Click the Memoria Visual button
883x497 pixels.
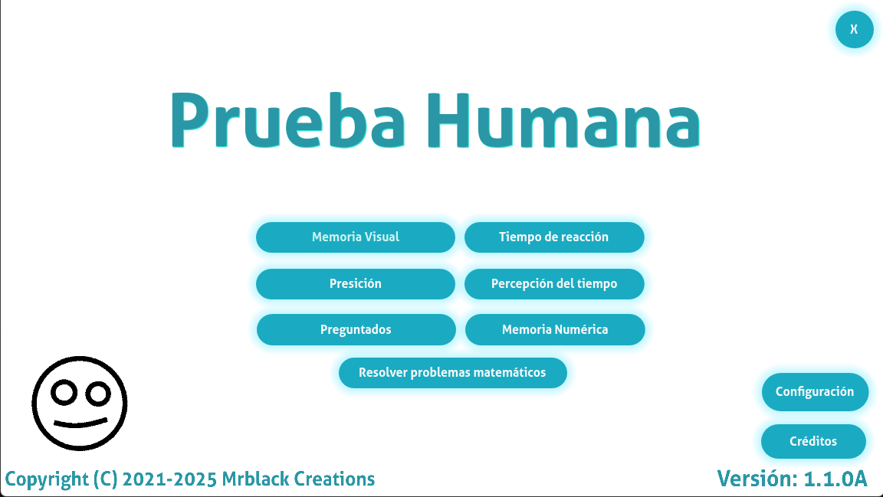(x=356, y=237)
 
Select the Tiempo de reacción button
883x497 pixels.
(x=554, y=237)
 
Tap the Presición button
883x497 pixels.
(x=356, y=283)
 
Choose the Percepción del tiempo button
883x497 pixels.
(x=554, y=283)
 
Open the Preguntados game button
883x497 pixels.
(x=356, y=329)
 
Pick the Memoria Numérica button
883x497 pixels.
(x=555, y=329)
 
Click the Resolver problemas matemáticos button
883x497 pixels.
(x=453, y=373)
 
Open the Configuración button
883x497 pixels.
(x=815, y=392)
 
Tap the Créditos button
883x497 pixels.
(x=813, y=441)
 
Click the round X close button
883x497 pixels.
(x=855, y=29)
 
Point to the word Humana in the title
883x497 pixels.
(x=563, y=120)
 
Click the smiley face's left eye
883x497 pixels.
(x=64, y=392)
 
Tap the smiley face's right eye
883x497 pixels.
(x=99, y=394)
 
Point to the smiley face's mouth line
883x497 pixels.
(x=80, y=423)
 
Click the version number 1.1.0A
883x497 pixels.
(x=835, y=479)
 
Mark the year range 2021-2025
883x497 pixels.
(x=169, y=479)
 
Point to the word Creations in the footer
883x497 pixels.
(x=334, y=479)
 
